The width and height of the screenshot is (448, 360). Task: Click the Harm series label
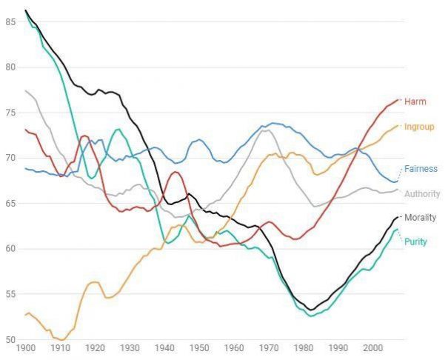click(x=415, y=101)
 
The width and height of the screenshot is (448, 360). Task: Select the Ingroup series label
click(x=419, y=127)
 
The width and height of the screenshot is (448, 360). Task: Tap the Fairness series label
click(x=421, y=169)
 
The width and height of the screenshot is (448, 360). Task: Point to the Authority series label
click(x=422, y=194)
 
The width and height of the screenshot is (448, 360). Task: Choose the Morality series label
click(x=421, y=218)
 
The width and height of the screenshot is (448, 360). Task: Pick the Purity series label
click(x=415, y=241)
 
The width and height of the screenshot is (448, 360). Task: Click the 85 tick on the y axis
click(x=10, y=21)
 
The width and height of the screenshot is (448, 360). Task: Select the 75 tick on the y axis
click(x=10, y=113)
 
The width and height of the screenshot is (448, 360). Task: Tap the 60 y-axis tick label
click(x=10, y=249)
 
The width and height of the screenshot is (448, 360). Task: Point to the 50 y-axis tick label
click(x=10, y=340)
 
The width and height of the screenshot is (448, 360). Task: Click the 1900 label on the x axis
click(x=26, y=348)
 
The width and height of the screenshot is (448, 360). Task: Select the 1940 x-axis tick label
click(x=164, y=348)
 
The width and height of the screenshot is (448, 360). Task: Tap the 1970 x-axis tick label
click(x=269, y=348)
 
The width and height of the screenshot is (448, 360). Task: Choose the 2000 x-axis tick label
click(x=372, y=348)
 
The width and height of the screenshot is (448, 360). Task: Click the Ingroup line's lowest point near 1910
click(x=62, y=340)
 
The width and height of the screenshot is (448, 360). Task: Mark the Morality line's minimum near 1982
click(x=311, y=310)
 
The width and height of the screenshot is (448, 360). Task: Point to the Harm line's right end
click(x=398, y=100)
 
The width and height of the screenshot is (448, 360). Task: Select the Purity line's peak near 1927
click(x=118, y=130)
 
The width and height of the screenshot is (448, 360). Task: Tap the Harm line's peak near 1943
click(x=175, y=172)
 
